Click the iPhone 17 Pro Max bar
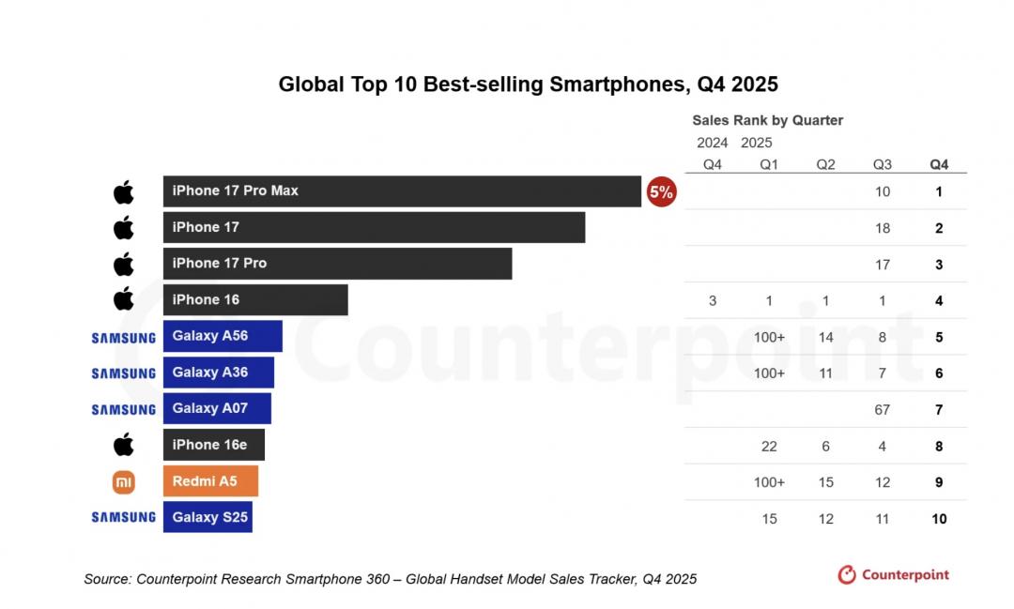(x=402, y=191)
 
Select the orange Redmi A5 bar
(x=210, y=481)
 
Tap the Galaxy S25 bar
(x=207, y=517)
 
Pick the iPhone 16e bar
(x=214, y=445)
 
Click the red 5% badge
(x=661, y=192)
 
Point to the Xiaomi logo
(x=124, y=482)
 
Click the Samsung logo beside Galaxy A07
(x=124, y=409)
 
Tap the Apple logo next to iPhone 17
(x=124, y=228)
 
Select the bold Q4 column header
(x=939, y=164)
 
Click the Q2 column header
(x=825, y=164)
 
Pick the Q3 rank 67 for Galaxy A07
(x=883, y=409)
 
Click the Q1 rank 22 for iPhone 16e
(x=769, y=446)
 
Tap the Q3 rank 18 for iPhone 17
(x=883, y=228)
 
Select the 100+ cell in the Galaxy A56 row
(x=769, y=337)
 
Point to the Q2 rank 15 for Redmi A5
(x=825, y=482)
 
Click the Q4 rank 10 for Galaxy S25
(x=939, y=519)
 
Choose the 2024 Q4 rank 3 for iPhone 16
(x=713, y=300)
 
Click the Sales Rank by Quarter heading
(x=767, y=120)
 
